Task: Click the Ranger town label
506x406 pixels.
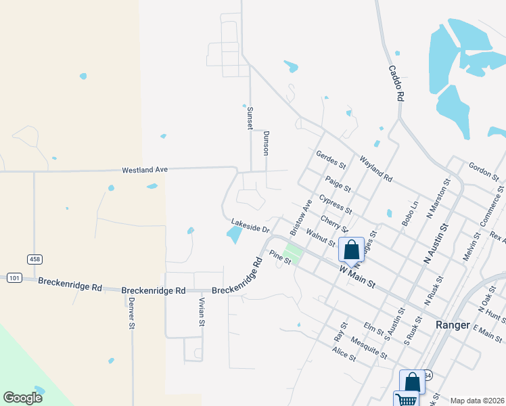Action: pyautogui.click(x=453, y=325)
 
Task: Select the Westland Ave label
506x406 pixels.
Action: pyautogui.click(x=144, y=170)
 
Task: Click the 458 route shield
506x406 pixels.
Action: pyautogui.click(x=34, y=259)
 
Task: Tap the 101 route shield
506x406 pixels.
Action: pyautogui.click(x=14, y=277)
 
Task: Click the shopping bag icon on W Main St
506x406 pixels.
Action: pyautogui.click(x=352, y=250)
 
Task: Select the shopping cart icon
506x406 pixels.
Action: pyautogui.click(x=407, y=399)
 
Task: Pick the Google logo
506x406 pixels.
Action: pyautogui.click(x=22, y=398)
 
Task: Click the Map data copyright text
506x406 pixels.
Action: pyautogui.click(x=477, y=401)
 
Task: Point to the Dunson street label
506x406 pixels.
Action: pyautogui.click(x=267, y=143)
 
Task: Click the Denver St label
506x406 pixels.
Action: pyautogui.click(x=132, y=313)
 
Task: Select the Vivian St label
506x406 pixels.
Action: pyautogui.click(x=202, y=311)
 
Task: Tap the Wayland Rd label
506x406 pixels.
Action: pyautogui.click(x=376, y=169)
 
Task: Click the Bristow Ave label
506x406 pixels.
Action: pyautogui.click(x=300, y=217)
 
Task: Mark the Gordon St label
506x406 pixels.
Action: pyautogui.click(x=484, y=172)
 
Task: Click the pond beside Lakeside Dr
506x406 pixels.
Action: pyautogui.click(x=234, y=235)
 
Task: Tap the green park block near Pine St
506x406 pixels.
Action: pyautogui.click(x=292, y=254)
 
